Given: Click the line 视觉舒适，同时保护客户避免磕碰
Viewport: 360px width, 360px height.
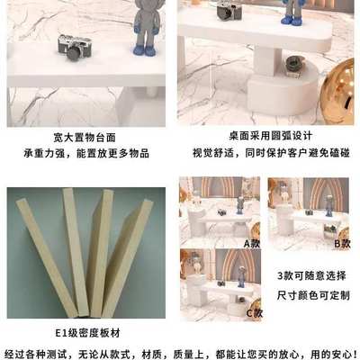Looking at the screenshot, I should [268, 154].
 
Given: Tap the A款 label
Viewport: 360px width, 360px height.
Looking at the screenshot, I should [252, 243].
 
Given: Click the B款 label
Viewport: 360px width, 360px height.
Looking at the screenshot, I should [342, 243].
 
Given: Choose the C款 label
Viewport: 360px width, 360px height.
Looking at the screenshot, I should [253, 312].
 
